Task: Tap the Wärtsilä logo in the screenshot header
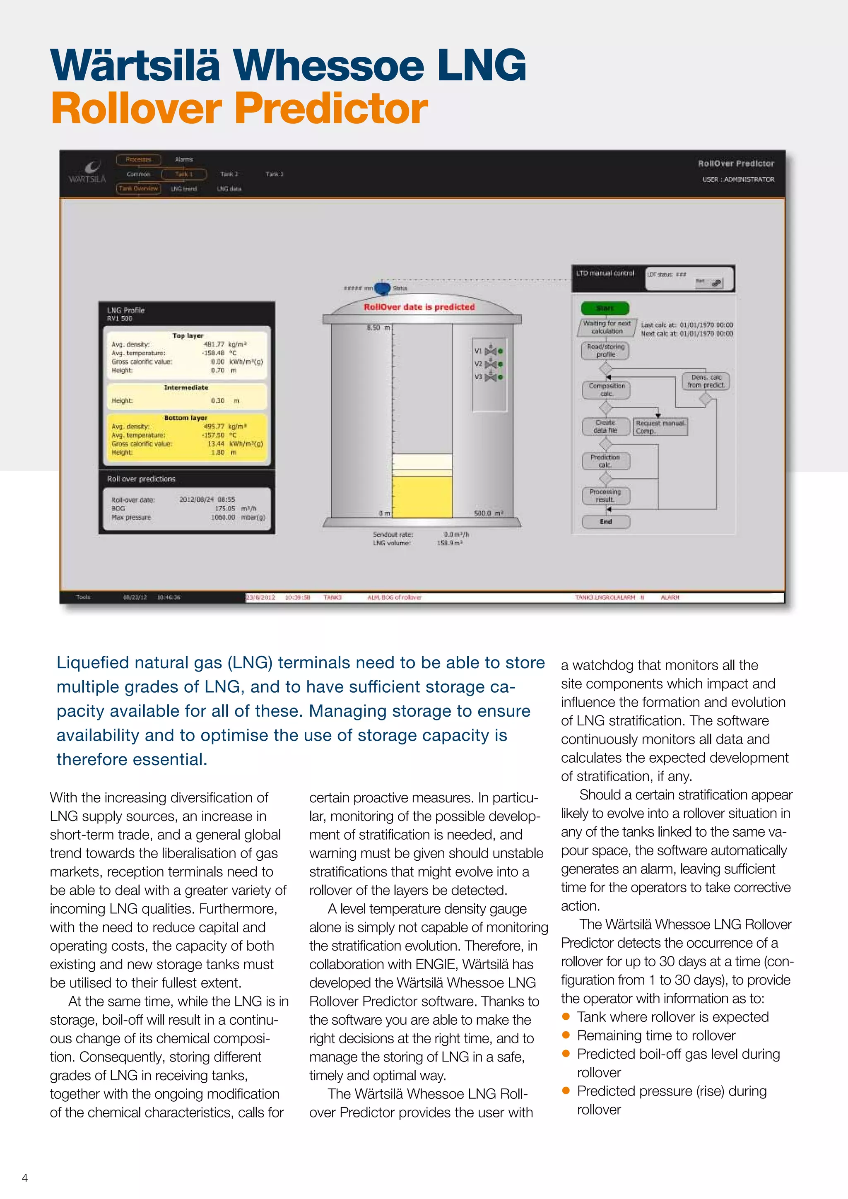click(x=88, y=172)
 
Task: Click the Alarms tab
click(x=184, y=159)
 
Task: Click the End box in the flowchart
click(x=606, y=522)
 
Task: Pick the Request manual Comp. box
click(x=660, y=427)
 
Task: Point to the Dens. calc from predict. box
click(x=706, y=381)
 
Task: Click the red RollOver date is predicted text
click(x=419, y=307)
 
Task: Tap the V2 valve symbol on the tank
click(x=490, y=364)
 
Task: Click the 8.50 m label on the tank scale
click(x=378, y=327)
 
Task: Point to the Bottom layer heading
click(x=185, y=418)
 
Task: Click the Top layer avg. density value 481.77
click(x=214, y=344)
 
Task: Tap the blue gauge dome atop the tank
click(x=382, y=288)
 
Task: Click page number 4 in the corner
click(x=24, y=1177)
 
